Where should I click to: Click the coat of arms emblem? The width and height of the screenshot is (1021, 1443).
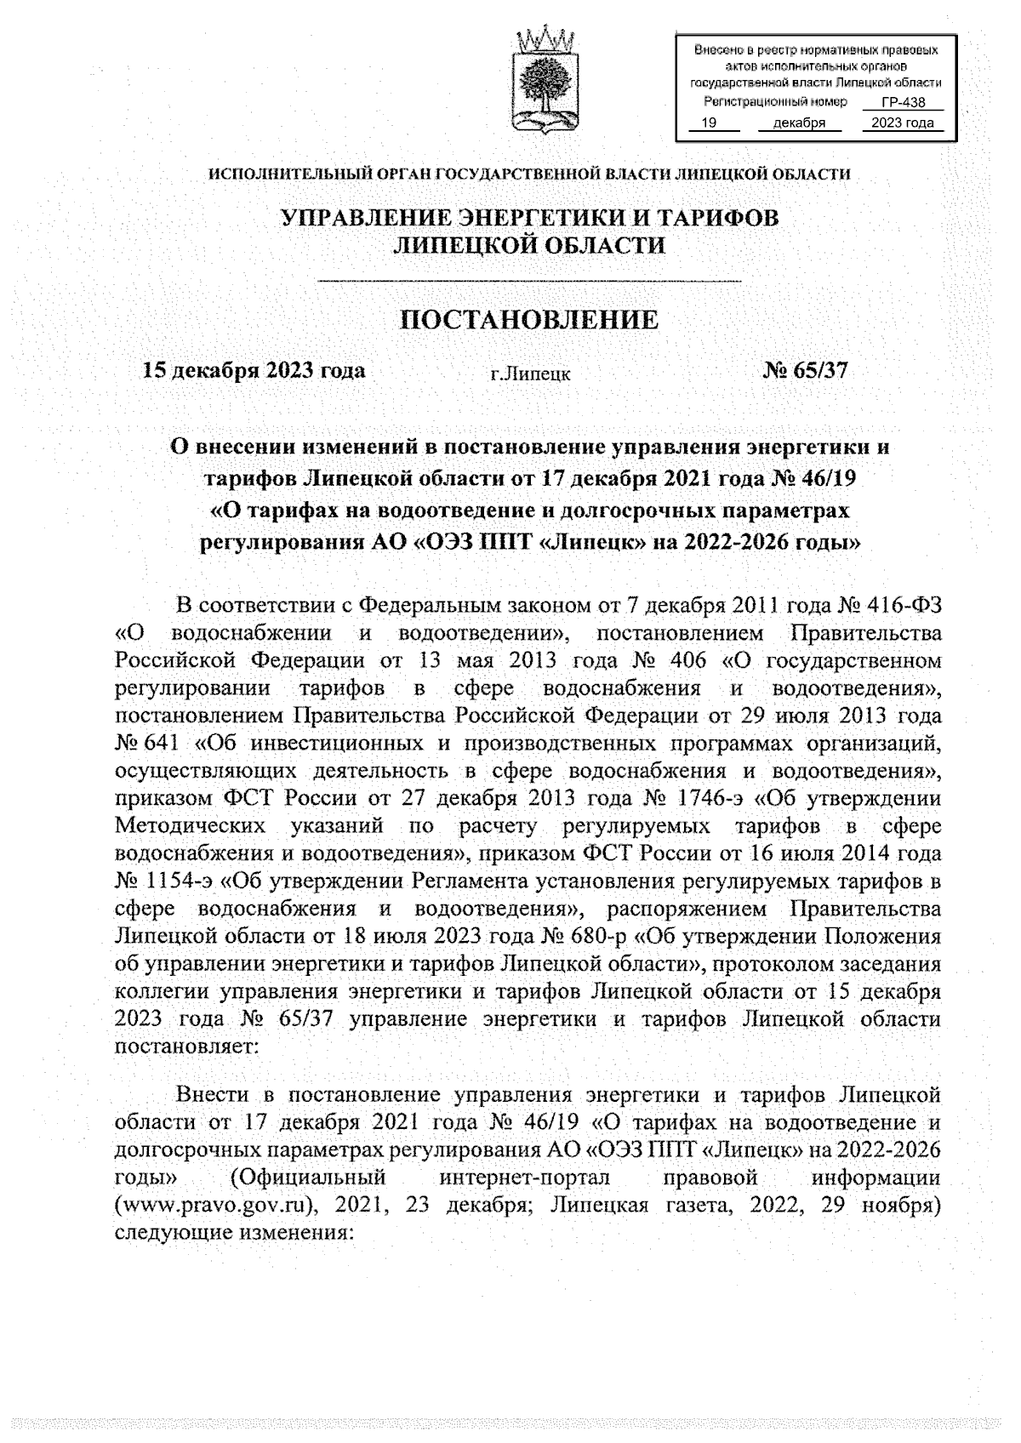tap(545, 82)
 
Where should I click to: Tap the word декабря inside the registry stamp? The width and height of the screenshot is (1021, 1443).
tap(798, 123)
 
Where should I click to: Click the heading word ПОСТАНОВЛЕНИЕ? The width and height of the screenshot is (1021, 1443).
tap(529, 320)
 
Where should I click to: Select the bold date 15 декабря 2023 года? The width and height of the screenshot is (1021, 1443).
tap(254, 370)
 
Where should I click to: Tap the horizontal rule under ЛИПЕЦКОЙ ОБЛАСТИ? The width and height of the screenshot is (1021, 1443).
tap(529, 281)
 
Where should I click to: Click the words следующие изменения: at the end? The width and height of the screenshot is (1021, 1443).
tap(234, 1234)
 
